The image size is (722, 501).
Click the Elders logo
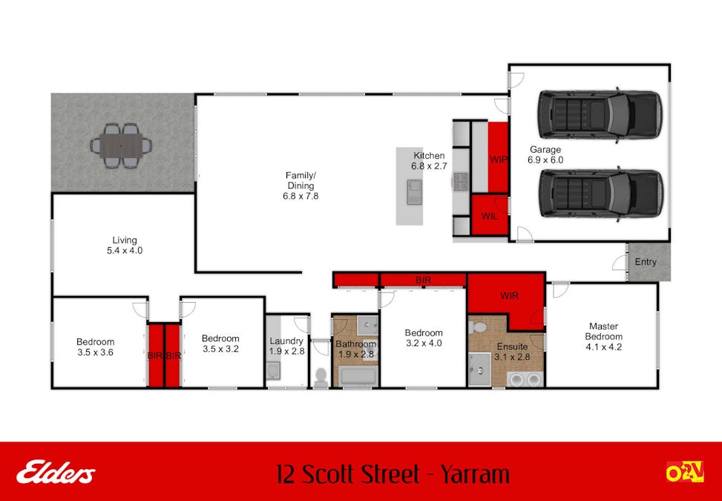[56, 474]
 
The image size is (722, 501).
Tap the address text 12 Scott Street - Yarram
[393, 474]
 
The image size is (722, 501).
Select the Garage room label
[545, 150]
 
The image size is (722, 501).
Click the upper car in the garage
[600, 115]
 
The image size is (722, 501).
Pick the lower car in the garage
[601, 192]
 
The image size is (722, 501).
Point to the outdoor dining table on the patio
[121, 146]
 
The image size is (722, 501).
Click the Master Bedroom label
[604, 332]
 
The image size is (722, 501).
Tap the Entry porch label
[646, 261]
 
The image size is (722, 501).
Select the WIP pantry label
[498, 160]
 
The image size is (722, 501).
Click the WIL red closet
[490, 215]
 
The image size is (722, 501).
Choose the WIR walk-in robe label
[509, 295]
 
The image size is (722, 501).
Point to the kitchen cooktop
[461, 181]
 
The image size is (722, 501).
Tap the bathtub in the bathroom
[358, 376]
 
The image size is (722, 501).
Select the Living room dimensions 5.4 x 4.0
[125, 251]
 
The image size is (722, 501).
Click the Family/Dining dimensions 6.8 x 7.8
[301, 196]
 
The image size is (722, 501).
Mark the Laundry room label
[286, 341]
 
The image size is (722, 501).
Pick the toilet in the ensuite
[478, 327]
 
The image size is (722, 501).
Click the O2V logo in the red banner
[685, 472]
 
